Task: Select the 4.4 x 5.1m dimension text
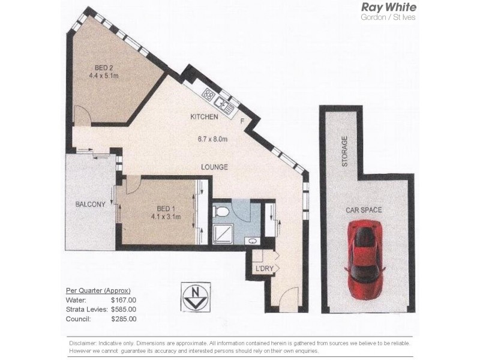pyautogui.click(x=104, y=76)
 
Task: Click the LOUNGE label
pyautogui.click(x=214, y=167)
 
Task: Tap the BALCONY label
pyautogui.click(x=90, y=204)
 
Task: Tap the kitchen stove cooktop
pyautogui.click(x=209, y=94)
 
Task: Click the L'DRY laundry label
pyautogui.click(x=264, y=268)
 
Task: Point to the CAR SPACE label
pyautogui.click(x=364, y=210)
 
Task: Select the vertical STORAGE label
pyautogui.click(x=344, y=151)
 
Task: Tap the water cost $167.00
pyautogui.click(x=124, y=299)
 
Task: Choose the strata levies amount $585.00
pyautogui.click(x=124, y=309)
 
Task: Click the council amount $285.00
pyautogui.click(x=124, y=319)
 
